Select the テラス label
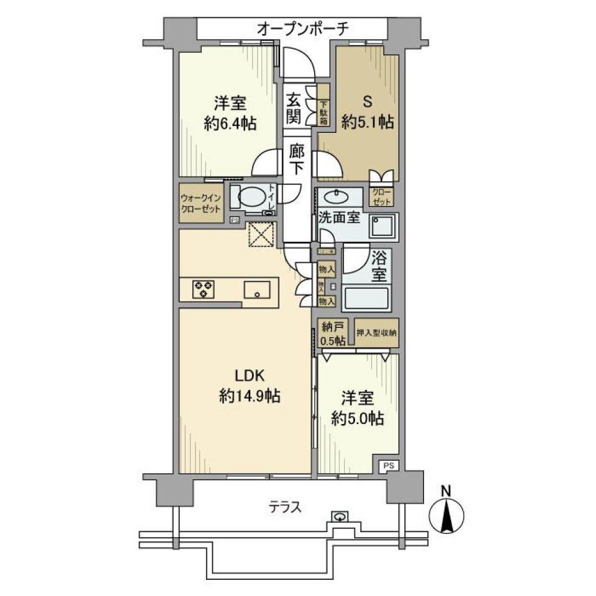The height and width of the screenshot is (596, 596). pyautogui.click(x=285, y=507)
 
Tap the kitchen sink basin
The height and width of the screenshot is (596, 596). pyautogui.click(x=256, y=290)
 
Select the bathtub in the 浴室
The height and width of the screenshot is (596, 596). pyautogui.click(x=366, y=299)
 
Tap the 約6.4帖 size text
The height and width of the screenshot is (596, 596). pyautogui.click(x=230, y=122)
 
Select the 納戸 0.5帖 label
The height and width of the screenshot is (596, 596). pyautogui.click(x=332, y=333)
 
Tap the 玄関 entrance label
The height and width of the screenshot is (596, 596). pyautogui.click(x=294, y=107)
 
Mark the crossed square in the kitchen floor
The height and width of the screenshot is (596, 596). pyautogui.click(x=261, y=235)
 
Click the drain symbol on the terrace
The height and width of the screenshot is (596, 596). pyautogui.click(x=339, y=516)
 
